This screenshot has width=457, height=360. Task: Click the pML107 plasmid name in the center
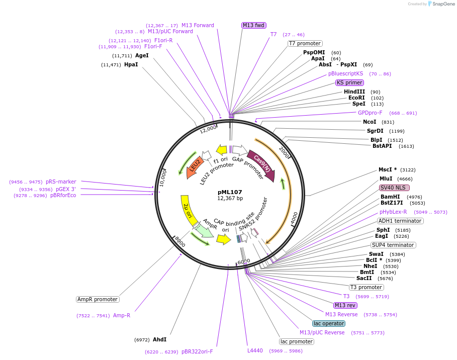[230, 192]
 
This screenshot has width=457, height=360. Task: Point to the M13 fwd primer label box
[254, 25]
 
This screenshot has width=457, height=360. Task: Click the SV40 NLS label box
[395, 188]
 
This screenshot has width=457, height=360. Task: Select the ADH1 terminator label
[400, 221]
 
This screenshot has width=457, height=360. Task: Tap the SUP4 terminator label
[393, 245]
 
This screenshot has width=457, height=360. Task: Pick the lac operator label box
[329, 323]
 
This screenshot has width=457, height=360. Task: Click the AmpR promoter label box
[98, 299]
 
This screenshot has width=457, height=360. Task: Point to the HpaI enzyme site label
[131, 65]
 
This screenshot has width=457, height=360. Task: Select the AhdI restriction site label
[159, 339]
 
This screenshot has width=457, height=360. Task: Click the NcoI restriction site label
[370, 122]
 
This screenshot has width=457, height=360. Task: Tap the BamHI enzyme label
[390, 197]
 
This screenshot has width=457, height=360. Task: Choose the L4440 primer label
[255, 350]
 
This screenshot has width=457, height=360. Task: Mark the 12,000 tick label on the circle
[208, 129]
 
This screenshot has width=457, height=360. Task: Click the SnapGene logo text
[442, 4]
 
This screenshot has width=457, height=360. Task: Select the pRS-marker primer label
[61, 182]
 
